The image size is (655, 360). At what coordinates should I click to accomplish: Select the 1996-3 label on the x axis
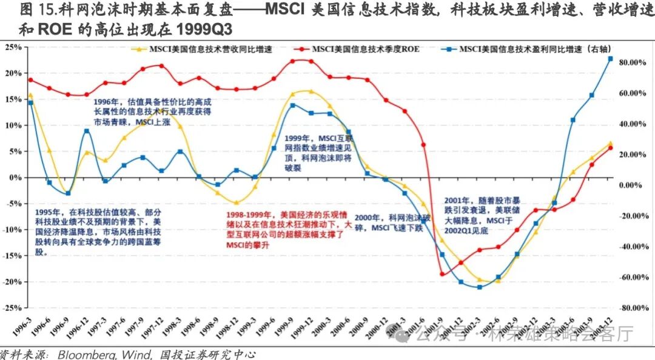pos(25,324)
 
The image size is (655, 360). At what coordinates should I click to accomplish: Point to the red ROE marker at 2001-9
pos(442,274)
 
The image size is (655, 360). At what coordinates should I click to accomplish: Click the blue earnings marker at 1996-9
pos(68,194)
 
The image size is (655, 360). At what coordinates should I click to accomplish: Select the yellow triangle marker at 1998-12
pos(237,203)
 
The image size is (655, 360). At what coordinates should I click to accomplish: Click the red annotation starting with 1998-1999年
pos(290,230)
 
